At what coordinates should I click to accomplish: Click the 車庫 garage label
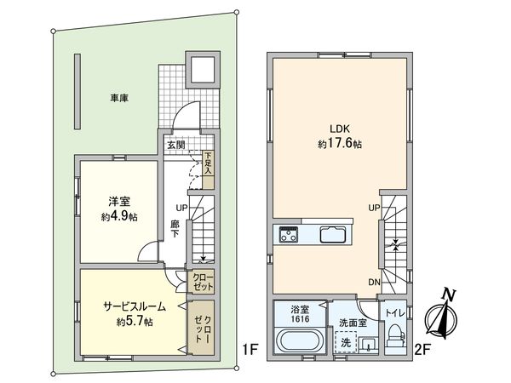pyautogui.click(x=118, y=99)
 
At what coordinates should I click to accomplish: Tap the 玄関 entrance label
pyautogui.click(x=175, y=145)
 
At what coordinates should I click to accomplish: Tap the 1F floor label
pyautogui.click(x=249, y=349)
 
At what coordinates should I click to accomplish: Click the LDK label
pyautogui.click(x=330, y=130)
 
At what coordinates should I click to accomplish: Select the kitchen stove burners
pyautogui.click(x=287, y=235)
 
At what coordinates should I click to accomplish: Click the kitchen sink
pyautogui.click(x=332, y=235)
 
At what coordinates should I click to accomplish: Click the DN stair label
pyautogui.click(x=374, y=283)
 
